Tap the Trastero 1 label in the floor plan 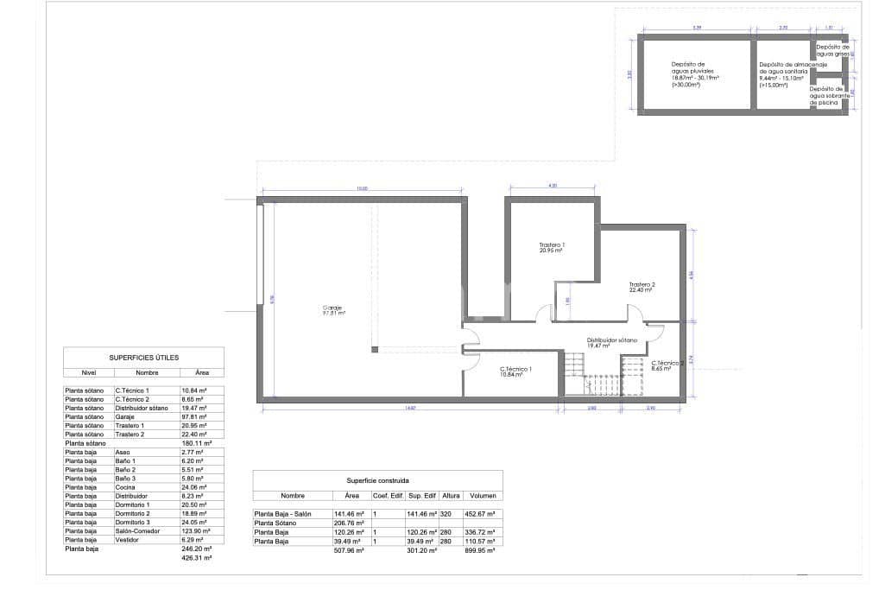coord(552,248)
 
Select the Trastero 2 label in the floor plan coord(642,287)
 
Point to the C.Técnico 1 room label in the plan coord(516,371)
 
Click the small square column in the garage coord(375,349)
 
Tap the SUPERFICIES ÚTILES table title coord(143,356)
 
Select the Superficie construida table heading coord(377,479)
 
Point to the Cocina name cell coord(127,486)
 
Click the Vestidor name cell coord(129,539)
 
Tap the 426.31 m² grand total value coord(197,558)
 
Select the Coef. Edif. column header coord(387,496)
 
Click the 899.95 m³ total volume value coord(481,549)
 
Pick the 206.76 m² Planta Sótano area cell coord(349,523)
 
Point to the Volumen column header coord(483,496)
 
